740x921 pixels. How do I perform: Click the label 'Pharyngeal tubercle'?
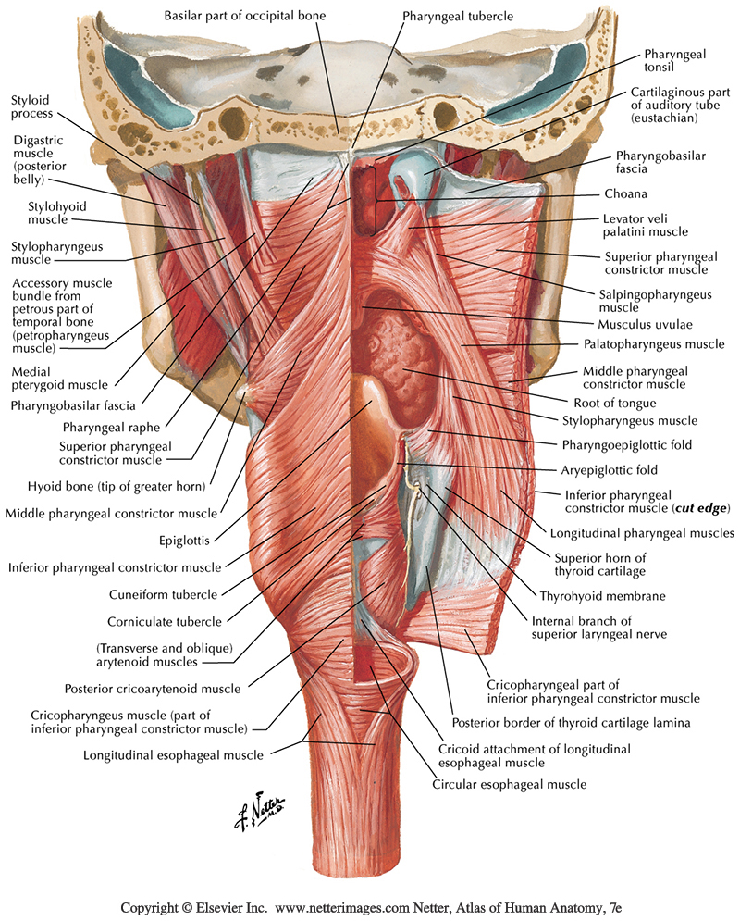pos(458,17)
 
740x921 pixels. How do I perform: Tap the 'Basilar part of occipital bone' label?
pos(245,17)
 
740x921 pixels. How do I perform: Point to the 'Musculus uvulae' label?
pos(645,325)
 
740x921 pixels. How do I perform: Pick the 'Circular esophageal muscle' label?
pos(510,785)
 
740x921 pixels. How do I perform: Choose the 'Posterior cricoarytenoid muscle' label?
pos(153,689)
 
